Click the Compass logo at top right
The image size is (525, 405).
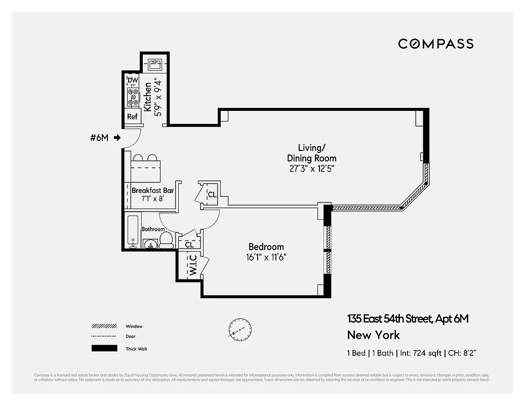(x=435, y=44)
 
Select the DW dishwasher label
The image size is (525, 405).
(x=133, y=80)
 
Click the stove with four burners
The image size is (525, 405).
(x=133, y=97)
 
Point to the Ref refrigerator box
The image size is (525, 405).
(x=132, y=116)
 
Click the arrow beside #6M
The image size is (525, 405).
(x=117, y=137)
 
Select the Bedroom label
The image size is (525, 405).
(x=266, y=247)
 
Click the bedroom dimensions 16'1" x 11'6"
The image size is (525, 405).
(x=266, y=257)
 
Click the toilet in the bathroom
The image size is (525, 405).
(x=166, y=240)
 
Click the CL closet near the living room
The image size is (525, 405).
(x=212, y=194)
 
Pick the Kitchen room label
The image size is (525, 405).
(x=147, y=97)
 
